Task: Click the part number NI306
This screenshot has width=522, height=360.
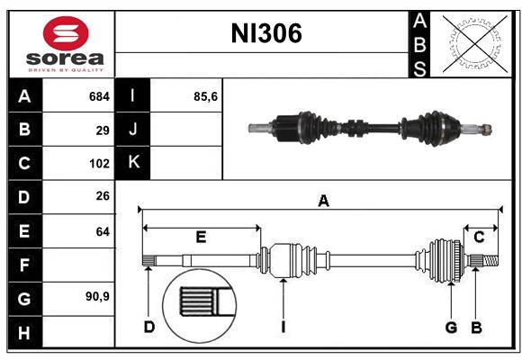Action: point(266,33)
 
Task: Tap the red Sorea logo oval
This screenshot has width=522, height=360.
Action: point(66,33)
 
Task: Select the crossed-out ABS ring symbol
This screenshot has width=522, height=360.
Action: point(474,43)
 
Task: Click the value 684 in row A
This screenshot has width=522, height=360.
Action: point(99,96)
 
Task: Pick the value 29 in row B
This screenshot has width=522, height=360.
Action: point(103,130)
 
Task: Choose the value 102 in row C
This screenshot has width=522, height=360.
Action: point(99,164)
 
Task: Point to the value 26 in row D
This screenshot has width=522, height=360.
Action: point(103,196)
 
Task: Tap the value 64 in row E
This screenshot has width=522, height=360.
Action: point(103,231)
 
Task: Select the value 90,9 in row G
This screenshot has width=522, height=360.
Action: point(97,296)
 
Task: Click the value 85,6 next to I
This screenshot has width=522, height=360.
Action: point(205,96)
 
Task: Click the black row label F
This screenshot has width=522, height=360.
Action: point(25,265)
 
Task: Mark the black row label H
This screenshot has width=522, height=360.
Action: point(25,333)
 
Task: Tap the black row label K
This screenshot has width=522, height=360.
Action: point(133,163)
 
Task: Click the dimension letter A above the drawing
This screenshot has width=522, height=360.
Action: point(324,201)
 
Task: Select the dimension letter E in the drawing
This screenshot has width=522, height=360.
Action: point(201,237)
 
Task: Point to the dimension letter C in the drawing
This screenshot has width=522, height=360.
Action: point(479,238)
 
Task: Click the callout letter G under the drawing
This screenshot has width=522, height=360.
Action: point(451,328)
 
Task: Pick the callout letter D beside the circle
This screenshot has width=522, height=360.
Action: point(149,328)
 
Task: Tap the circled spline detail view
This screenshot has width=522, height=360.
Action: point(200,306)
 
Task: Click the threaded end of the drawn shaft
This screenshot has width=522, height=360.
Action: point(490,261)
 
